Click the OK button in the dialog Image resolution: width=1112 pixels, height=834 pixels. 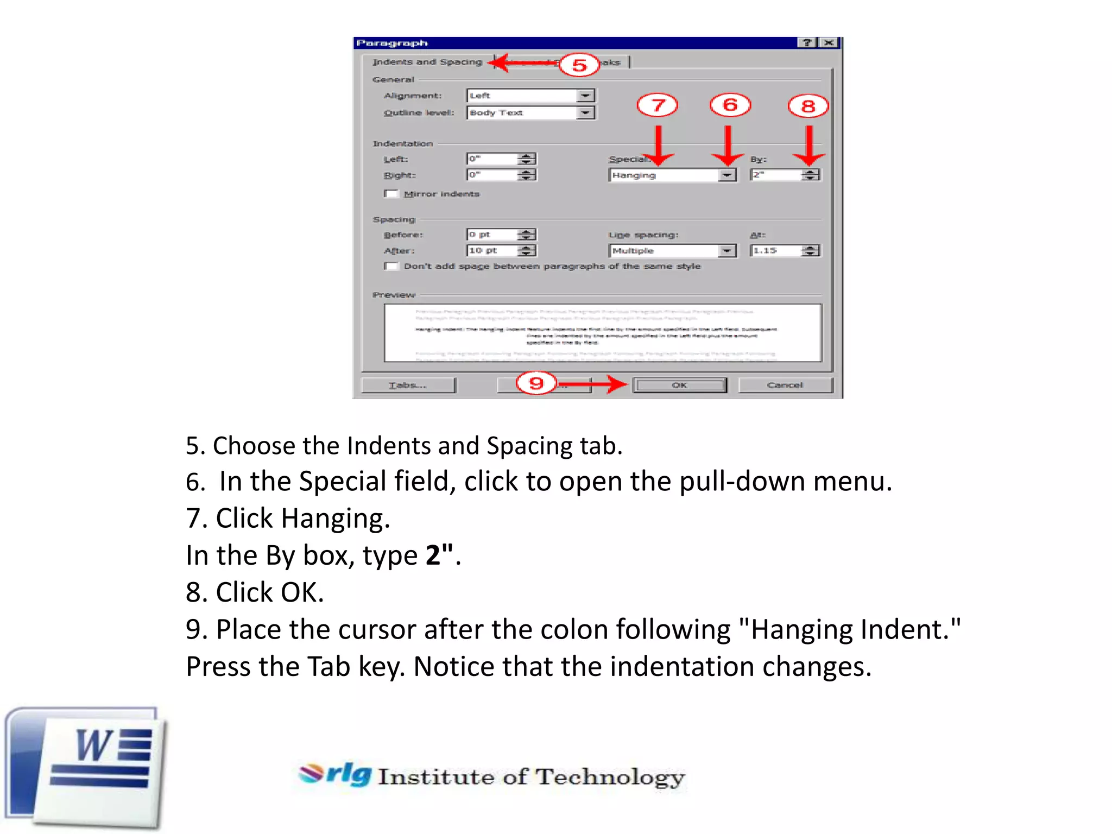click(679, 385)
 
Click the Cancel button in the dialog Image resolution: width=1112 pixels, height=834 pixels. click(785, 385)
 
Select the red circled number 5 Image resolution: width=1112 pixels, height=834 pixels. click(579, 65)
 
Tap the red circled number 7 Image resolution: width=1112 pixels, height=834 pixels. click(658, 105)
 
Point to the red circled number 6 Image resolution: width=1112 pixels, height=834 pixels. click(730, 105)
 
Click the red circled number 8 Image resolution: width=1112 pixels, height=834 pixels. click(808, 106)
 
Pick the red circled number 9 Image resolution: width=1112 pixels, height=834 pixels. click(536, 383)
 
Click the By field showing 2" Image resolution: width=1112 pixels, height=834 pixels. click(776, 175)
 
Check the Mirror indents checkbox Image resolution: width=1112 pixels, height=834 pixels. click(390, 194)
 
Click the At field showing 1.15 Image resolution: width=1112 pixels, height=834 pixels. click(776, 250)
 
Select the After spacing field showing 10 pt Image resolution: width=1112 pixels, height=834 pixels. click(491, 250)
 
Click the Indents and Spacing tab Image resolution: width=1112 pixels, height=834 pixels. click(427, 62)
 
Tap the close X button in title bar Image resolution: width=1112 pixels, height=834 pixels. click(829, 43)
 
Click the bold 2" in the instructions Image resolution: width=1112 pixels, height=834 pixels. click(439, 555)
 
